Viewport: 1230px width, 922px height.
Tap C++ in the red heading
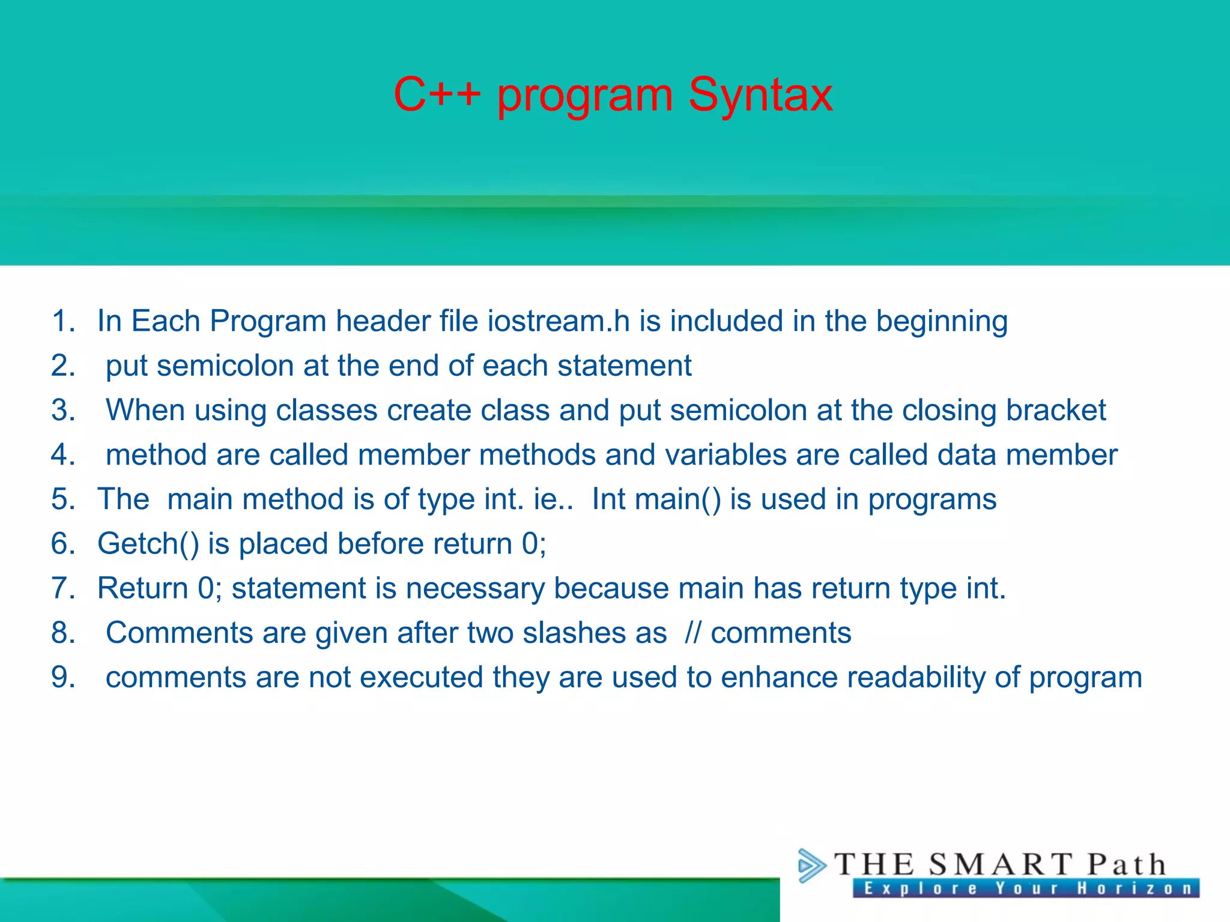coord(437,95)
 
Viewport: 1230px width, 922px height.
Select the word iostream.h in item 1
coord(559,321)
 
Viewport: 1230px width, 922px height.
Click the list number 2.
coord(63,366)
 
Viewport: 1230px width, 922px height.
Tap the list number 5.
coord(63,499)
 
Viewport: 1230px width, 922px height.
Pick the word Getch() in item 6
coord(148,544)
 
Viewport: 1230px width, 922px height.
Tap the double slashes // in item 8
coord(692,633)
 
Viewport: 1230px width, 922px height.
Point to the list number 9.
coord(63,677)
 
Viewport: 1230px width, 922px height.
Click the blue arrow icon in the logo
coord(811,866)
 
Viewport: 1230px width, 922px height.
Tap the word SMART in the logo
coord(1000,865)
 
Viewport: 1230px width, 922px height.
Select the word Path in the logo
coord(1127,865)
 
